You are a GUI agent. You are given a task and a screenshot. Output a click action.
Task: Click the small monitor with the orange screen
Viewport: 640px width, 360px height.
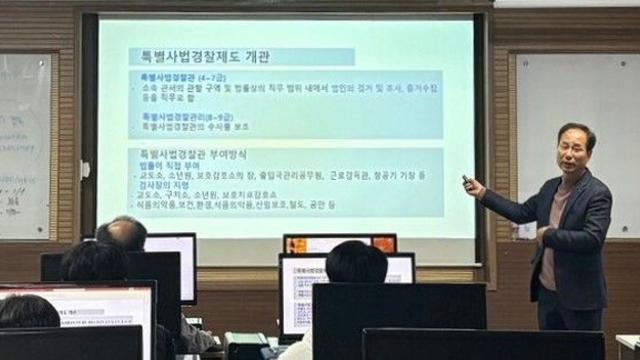340,243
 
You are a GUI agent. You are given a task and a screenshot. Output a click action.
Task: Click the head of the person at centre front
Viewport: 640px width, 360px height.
356,262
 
